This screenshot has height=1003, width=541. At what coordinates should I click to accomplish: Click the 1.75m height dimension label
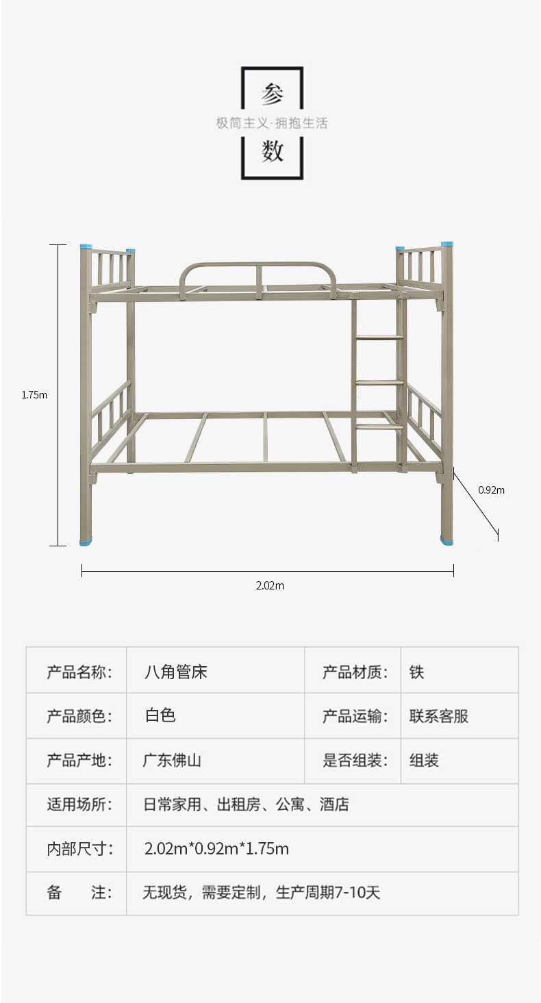point(34,394)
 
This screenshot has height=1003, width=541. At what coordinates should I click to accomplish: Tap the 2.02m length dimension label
point(270,585)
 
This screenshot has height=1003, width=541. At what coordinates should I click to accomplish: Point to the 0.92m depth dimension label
point(491,490)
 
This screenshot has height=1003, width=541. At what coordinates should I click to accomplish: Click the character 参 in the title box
point(272,95)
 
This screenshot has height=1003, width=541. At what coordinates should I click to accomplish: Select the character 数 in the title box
point(272,151)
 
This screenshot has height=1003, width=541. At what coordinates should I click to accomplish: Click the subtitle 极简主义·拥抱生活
point(272,123)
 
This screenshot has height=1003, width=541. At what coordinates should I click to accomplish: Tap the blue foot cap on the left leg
point(86,542)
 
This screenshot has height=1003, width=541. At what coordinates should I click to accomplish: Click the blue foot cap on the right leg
point(446,541)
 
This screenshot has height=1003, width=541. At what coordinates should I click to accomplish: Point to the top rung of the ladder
point(379,338)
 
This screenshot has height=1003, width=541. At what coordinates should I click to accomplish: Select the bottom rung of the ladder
point(379,427)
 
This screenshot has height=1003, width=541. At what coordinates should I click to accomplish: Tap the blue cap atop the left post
point(86,246)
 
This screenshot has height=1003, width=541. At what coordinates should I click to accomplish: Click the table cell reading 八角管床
point(176,672)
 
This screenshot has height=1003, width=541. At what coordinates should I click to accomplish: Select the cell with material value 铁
point(417,672)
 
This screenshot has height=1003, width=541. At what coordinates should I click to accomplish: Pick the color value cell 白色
point(160,715)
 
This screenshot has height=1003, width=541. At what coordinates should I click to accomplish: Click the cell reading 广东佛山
point(172,760)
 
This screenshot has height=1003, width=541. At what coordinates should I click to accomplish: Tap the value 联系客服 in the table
point(439,716)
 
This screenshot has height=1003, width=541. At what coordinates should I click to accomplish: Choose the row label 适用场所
point(79,804)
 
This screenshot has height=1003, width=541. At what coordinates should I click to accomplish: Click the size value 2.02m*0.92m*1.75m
point(216,849)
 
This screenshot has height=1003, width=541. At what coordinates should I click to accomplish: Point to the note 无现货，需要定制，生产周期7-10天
point(261,893)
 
